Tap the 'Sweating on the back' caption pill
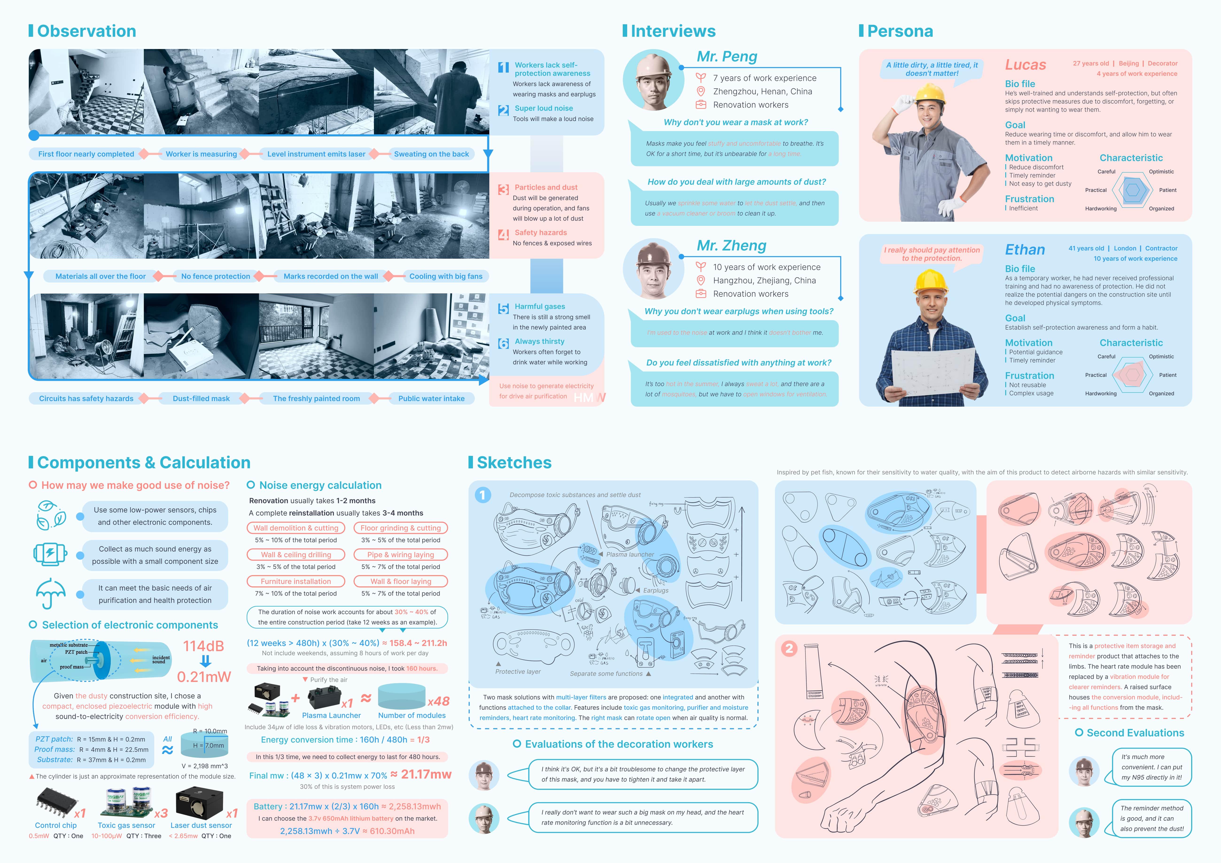pos(431,154)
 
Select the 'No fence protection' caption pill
pos(215,276)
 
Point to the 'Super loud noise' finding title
pos(544,108)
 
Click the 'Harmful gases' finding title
pos(540,306)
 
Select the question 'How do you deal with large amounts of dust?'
pos(737,182)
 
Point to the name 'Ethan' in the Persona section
pos(1025,250)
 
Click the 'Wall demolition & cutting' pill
pos(296,528)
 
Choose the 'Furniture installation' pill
pos(296,582)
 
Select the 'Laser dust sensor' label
pos(201,825)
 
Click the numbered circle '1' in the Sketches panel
pos(482,495)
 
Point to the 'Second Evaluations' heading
pos(1135,733)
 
